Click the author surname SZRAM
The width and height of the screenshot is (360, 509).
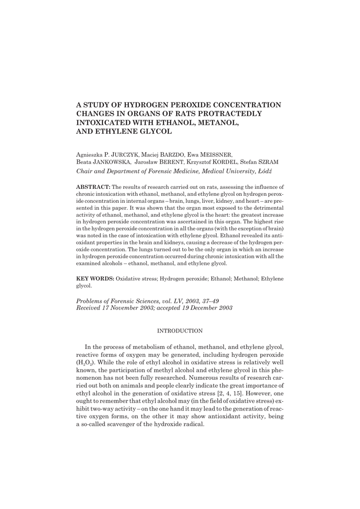click(x=270, y=162)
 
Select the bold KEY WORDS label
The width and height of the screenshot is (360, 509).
click(x=94, y=279)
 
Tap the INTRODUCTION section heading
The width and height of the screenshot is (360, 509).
click(x=180, y=331)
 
